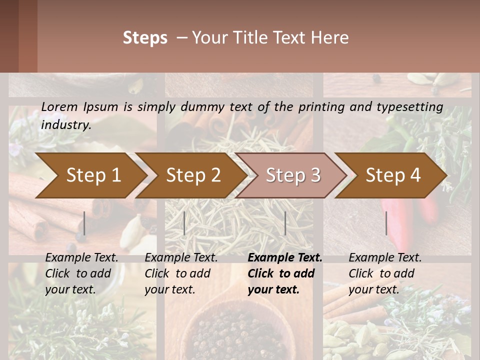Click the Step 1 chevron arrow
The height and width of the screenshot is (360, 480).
click(x=90, y=175)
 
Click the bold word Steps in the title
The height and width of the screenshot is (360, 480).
click(x=145, y=37)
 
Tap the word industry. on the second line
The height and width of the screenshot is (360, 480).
click(x=66, y=125)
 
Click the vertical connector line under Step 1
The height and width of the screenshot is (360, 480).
click(x=84, y=223)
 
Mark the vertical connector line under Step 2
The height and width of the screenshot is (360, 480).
click(x=184, y=223)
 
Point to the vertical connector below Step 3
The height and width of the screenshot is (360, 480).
click(x=285, y=223)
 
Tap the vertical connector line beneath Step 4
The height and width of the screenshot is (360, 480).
click(x=386, y=223)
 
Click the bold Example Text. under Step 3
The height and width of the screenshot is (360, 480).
click(x=285, y=257)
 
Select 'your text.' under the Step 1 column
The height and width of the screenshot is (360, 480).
click(x=70, y=289)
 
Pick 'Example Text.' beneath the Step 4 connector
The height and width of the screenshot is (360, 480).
click(x=385, y=257)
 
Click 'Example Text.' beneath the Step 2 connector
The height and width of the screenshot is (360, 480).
click(x=181, y=257)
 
